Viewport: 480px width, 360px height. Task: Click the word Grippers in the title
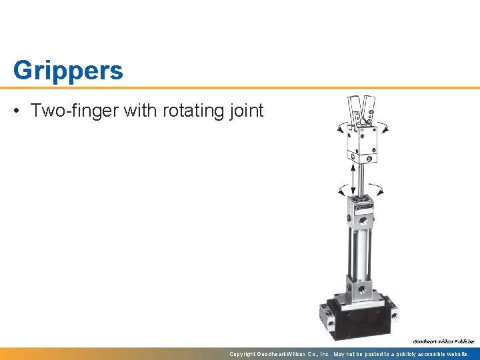[68, 71]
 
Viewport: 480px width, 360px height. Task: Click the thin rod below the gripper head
[361, 177]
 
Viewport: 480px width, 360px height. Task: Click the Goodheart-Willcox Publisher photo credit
[443, 341]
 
